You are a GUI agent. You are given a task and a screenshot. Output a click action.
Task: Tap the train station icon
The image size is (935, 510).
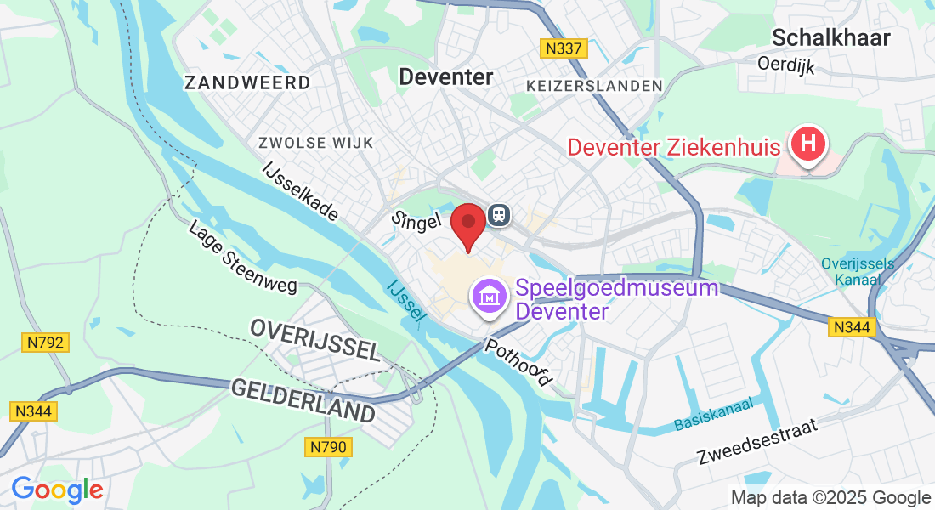point(499,215)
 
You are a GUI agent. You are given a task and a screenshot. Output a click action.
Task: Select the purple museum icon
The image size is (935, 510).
point(490,297)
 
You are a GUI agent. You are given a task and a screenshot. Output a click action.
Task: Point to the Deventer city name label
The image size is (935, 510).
point(446,77)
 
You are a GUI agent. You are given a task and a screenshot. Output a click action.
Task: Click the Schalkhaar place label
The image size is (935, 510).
point(831,37)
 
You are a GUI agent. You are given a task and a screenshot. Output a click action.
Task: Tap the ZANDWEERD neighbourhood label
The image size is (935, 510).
point(247,82)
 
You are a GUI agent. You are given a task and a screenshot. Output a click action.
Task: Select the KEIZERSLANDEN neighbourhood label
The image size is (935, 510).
point(594,86)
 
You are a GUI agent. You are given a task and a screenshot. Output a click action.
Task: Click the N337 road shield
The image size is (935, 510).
point(564,48)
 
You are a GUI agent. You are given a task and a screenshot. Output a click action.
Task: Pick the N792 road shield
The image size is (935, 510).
point(44,343)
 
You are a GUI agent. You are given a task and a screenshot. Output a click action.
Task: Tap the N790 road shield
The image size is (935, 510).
point(329,446)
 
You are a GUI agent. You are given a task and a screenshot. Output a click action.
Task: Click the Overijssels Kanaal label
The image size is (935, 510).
point(858,270)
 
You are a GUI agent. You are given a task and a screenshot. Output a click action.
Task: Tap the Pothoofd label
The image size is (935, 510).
point(518,364)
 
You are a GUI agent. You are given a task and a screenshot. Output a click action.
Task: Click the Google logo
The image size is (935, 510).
point(57,490)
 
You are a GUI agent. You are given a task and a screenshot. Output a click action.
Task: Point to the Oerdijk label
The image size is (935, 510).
point(786,63)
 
